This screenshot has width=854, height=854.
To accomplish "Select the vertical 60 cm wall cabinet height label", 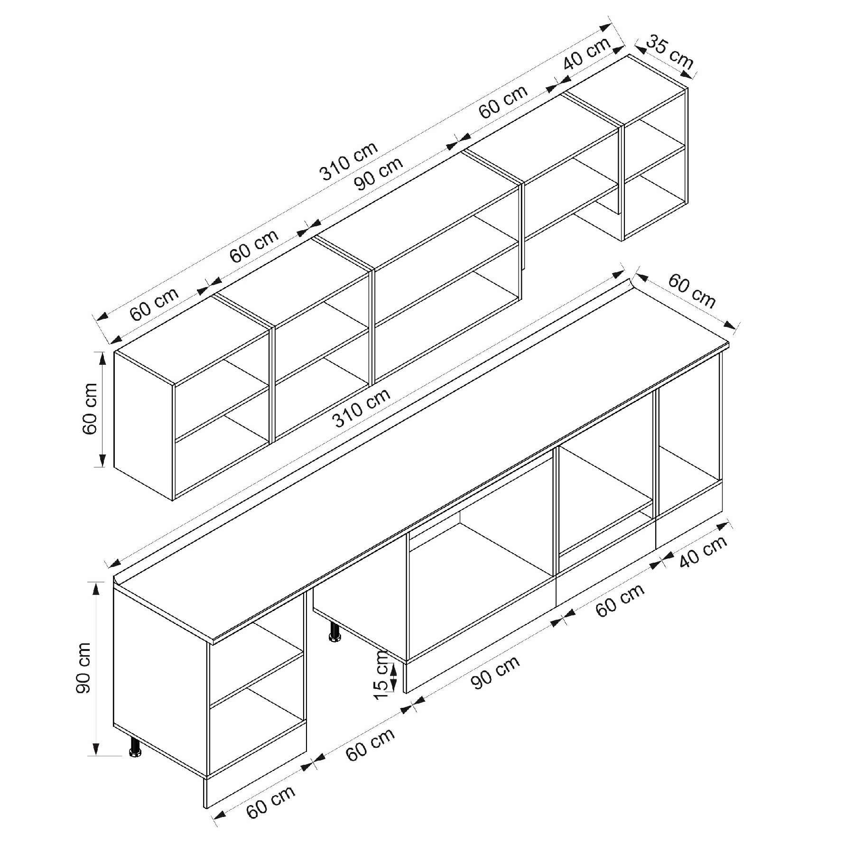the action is click(x=90, y=408).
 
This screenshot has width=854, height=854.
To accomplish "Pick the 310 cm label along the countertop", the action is click(x=362, y=407).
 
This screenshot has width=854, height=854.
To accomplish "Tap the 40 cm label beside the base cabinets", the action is click(x=703, y=552).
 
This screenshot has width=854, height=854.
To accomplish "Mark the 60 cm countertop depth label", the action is click(x=692, y=291).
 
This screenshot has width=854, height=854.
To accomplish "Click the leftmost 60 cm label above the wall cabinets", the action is click(x=154, y=304).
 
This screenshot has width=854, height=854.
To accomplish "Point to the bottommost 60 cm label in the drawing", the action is click(x=270, y=802).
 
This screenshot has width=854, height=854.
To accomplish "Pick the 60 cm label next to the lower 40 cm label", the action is click(x=620, y=600).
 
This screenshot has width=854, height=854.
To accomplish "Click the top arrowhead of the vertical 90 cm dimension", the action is click(x=96, y=589).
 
